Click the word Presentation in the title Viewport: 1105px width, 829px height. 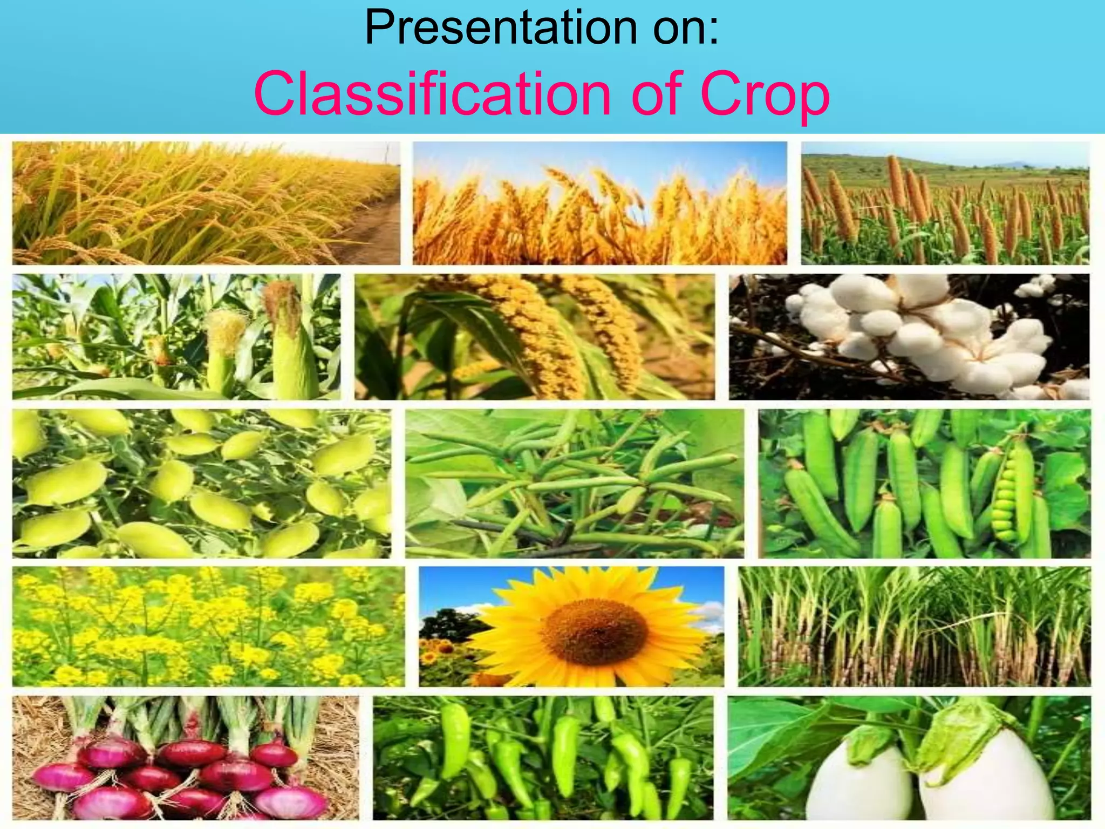(499, 28)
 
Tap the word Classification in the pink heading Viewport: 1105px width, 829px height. (432, 94)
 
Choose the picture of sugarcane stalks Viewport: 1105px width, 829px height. (914, 627)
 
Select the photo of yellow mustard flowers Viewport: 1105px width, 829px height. (208, 627)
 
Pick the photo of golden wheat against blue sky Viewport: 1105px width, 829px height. (599, 203)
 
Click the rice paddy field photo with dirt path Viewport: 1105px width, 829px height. (206, 203)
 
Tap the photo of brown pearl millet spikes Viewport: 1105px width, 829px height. (945, 203)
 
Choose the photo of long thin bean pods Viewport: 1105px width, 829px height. (574, 484)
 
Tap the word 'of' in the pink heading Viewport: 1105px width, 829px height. (655, 94)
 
